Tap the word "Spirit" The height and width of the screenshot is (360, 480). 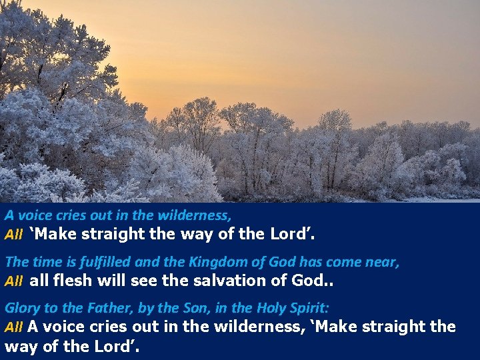coord(309,308)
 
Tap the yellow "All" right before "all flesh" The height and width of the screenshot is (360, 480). coord(14,281)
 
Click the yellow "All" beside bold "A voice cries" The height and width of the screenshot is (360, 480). coord(14,327)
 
